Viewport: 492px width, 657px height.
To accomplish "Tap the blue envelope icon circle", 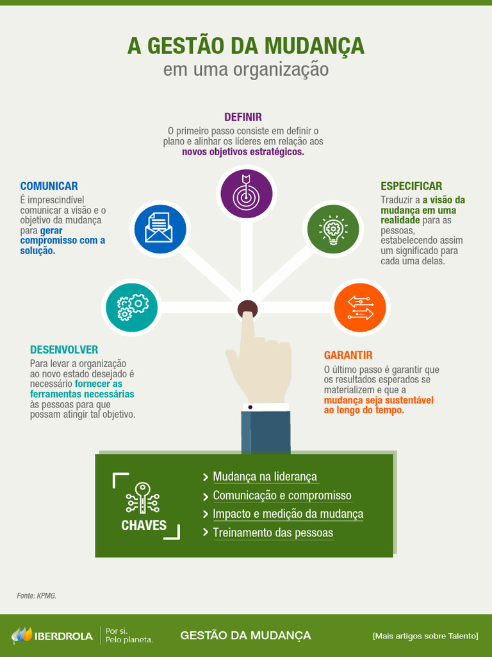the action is pos(158,229).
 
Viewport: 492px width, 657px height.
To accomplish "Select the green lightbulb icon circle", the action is pos(332,229).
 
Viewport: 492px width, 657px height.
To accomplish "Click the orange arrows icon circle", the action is pos(360,307).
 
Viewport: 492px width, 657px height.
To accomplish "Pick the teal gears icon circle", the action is pos(132,307).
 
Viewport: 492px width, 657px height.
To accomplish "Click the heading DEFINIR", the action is pos(243,117).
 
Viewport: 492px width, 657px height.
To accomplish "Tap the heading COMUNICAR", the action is pos(49,186).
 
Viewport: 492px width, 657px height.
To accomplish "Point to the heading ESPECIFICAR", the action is pos(411,186).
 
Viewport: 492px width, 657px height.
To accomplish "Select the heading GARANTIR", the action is pos(348,355).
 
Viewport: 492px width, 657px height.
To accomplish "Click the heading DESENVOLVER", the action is pos(64,350).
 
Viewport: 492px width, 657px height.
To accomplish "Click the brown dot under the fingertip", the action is pos(247,309).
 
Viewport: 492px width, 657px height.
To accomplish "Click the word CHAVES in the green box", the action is pos(144,525).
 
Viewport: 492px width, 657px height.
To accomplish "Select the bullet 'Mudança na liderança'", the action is pos(265,477).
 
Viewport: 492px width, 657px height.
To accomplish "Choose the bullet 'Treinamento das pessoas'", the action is pos(273,533).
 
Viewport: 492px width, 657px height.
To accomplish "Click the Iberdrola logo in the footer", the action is pos(52,636).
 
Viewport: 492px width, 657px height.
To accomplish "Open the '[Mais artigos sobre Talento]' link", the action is pos(425,636).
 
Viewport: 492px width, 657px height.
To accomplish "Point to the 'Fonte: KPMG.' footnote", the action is pos(37,596).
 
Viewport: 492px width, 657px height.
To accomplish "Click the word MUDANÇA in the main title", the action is pos(314,46).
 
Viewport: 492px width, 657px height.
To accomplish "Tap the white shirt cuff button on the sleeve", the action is pos(250,407).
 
